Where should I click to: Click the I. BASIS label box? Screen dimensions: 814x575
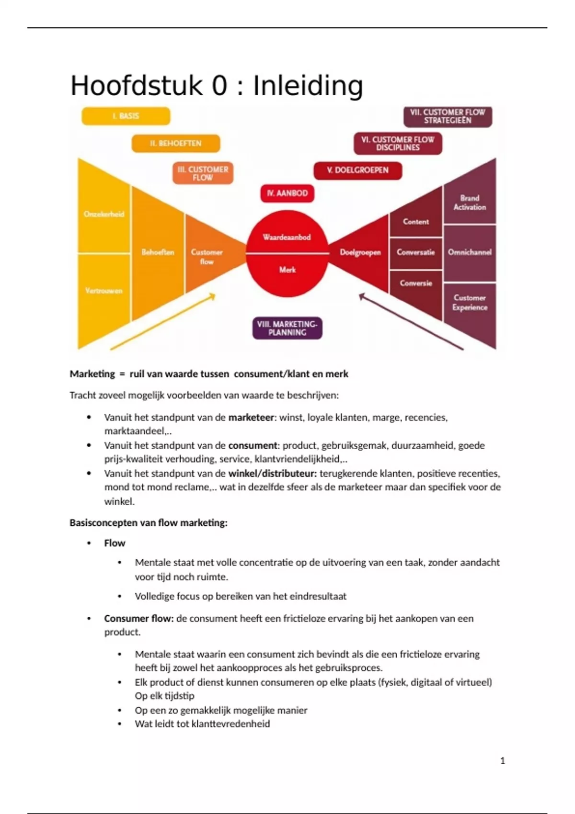point(126,116)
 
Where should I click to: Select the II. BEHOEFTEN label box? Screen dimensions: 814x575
point(175,143)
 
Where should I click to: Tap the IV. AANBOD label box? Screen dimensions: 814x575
point(287,193)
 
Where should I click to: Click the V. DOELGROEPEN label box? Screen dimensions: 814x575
point(357,170)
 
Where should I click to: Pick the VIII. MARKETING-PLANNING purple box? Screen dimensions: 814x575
point(287,328)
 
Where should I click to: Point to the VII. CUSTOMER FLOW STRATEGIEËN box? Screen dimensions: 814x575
point(448,116)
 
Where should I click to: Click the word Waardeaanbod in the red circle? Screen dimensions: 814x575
point(287,237)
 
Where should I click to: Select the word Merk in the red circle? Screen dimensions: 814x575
point(287,270)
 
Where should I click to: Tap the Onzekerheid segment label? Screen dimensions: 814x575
point(104,214)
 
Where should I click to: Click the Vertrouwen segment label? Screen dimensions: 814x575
point(104,291)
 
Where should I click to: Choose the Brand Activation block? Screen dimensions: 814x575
point(470,203)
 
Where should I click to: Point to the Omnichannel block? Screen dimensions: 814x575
point(470,252)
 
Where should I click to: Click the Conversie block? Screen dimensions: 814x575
point(416,283)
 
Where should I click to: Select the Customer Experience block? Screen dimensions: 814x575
point(470,303)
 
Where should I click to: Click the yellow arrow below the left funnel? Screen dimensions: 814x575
point(163,322)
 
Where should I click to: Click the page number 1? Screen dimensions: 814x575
point(502,760)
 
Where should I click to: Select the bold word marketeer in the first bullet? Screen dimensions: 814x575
point(251,418)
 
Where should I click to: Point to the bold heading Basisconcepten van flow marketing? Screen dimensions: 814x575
point(149,523)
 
